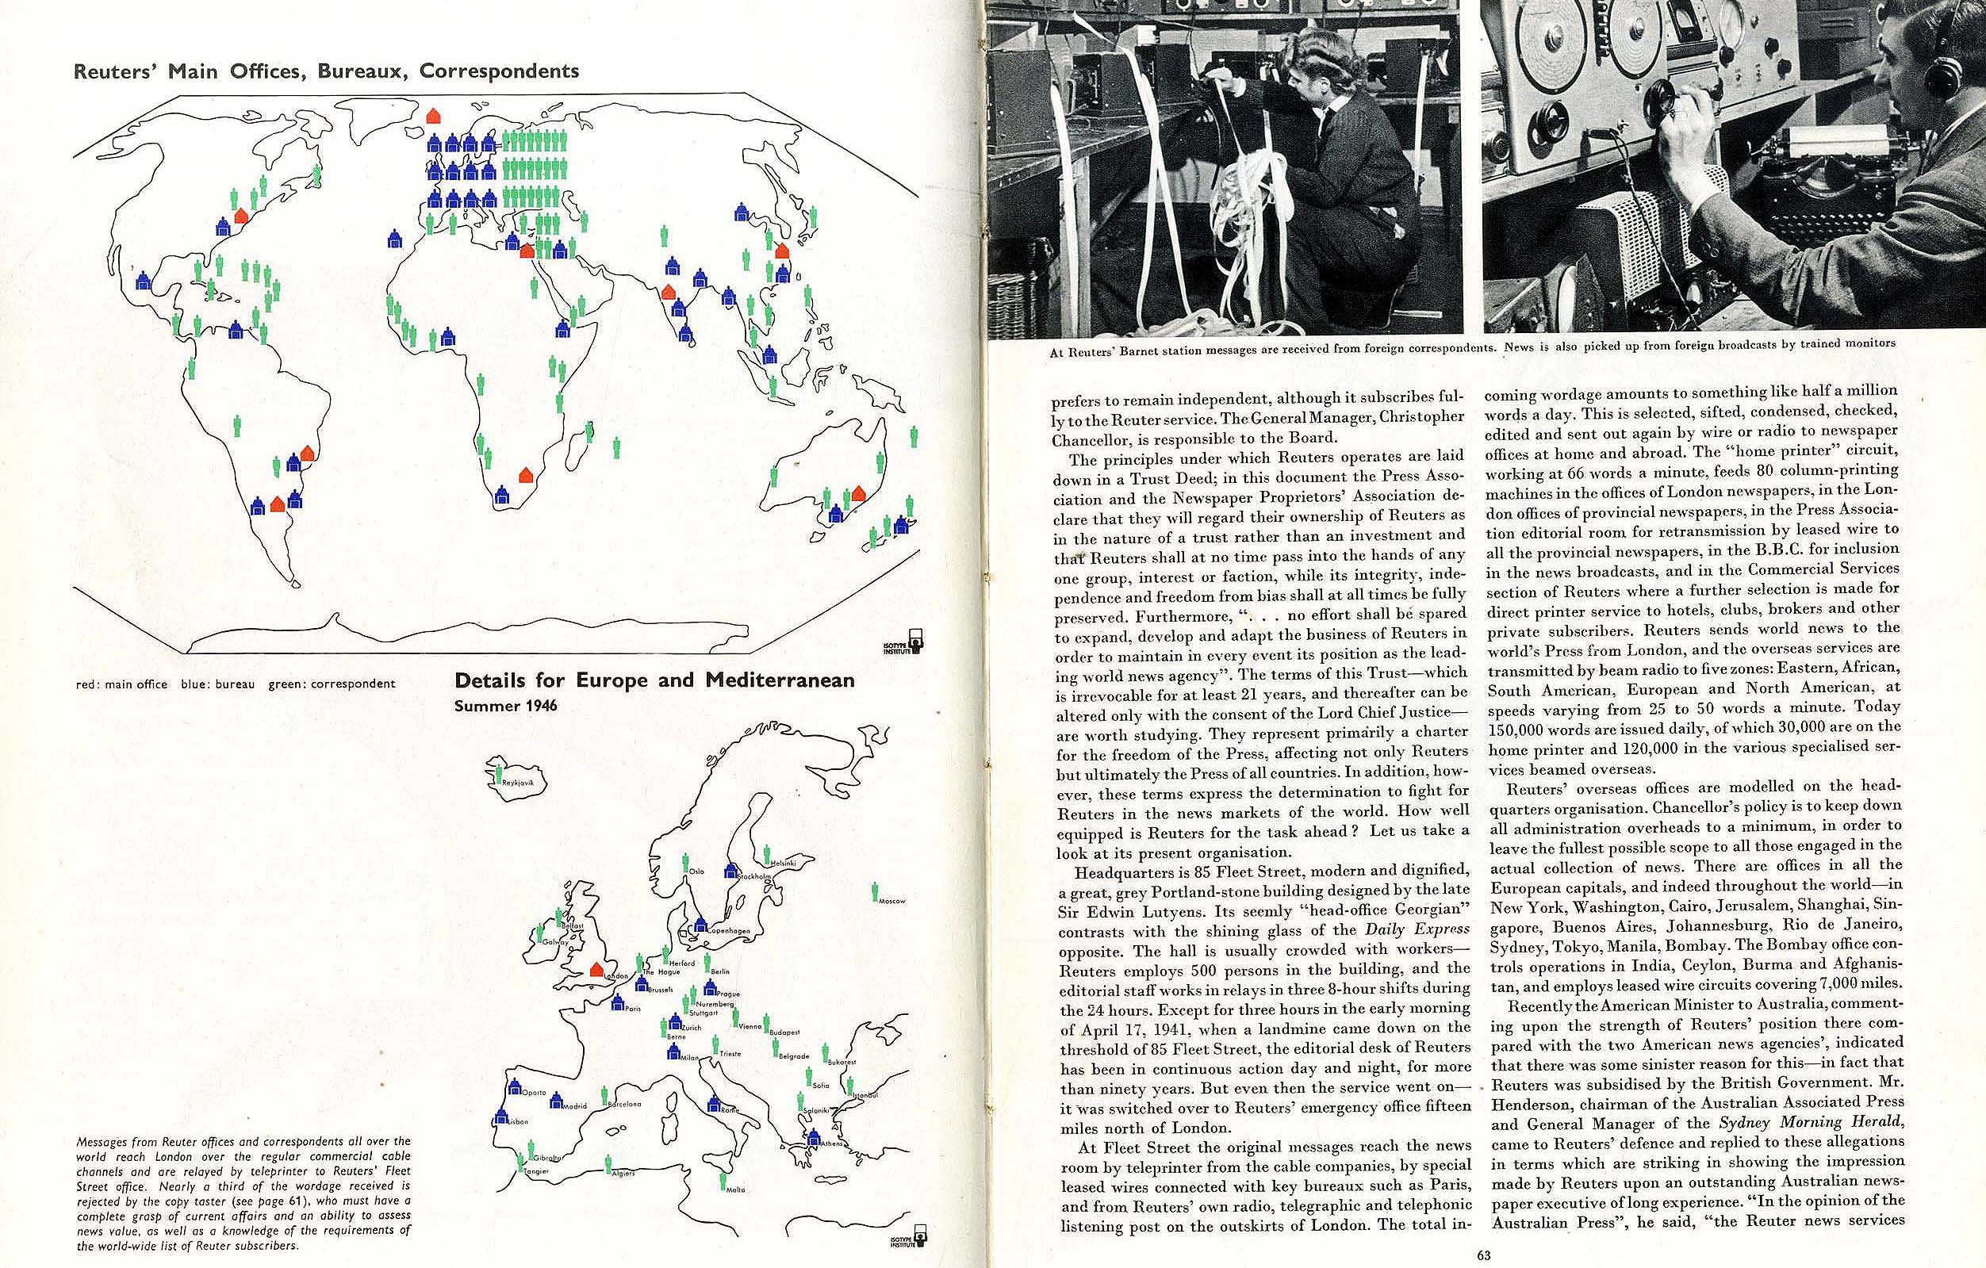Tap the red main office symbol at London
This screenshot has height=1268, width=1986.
click(596, 971)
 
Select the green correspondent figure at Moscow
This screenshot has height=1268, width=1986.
click(874, 891)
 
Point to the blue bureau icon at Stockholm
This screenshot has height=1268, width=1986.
click(730, 870)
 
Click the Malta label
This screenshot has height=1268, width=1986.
click(736, 1189)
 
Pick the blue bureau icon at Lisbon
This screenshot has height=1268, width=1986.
click(500, 1117)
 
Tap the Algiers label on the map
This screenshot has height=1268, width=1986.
click(623, 1173)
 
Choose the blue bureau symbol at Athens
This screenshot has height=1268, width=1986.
click(813, 1138)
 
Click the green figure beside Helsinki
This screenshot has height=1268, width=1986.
click(766, 853)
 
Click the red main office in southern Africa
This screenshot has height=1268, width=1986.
click(525, 475)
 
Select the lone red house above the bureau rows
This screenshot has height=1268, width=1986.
click(432, 116)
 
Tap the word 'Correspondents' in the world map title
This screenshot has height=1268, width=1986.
click(499, 71)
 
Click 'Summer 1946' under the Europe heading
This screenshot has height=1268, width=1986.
click(505, 706)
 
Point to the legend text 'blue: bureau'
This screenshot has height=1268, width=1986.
click(218, 684)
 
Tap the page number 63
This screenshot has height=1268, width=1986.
click(1484, 1255)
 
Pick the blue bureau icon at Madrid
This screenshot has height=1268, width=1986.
click(557, 1101)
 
